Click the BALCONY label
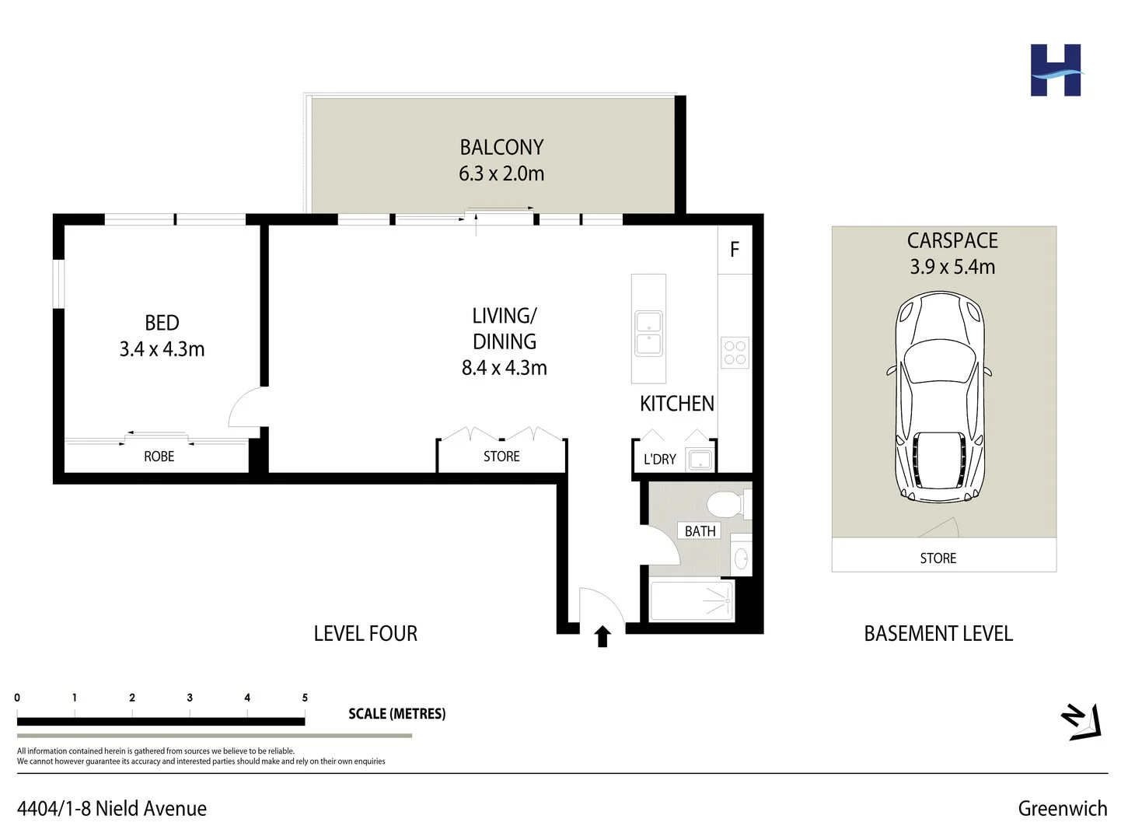click(501, 147)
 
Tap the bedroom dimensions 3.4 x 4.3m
click(162, 349)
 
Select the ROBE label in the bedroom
click(159, 457)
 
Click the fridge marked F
click(735, 250)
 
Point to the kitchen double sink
click(648, 333)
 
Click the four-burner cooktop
click(735, 352)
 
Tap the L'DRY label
click(659, 460)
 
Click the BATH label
click(700, 531)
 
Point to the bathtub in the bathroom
click(691, 601)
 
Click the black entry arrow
click(602, 636)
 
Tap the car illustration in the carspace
click(939, 397)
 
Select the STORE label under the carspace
click(938, 558)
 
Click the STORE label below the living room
click(501, 457)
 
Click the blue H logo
click(1056, 71)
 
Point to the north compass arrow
click(1082, 721)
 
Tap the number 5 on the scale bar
click(305, 698)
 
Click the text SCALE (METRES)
click(396, 714)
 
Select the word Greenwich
click(1062, 809)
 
